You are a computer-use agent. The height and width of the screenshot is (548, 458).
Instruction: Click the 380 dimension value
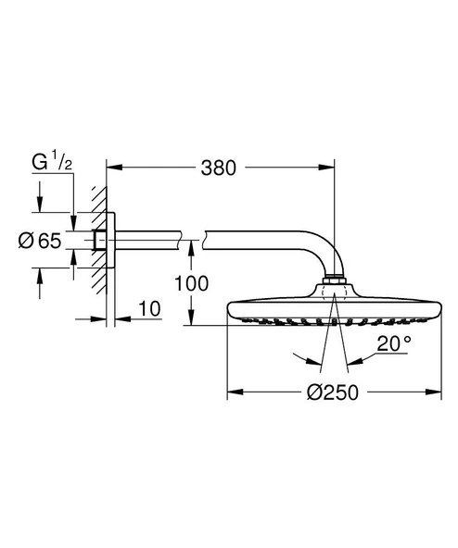click(x=218, y=168)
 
